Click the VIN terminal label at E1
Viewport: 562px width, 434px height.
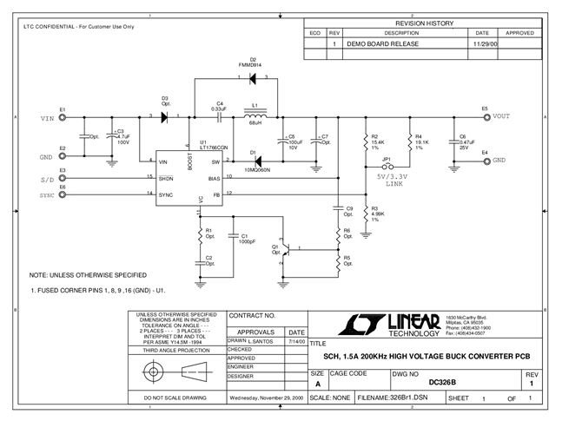[x=46, y=117]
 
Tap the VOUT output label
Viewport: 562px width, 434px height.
[x=501, y=116]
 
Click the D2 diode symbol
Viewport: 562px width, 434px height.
[x=254, y=79]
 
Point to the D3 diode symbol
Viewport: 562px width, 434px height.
[x=164, y=116]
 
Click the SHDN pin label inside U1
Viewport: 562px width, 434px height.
[x=167, y=178]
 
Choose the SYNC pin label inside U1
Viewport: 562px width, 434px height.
[x=167, y=194]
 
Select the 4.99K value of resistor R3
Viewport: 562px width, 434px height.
[x=378, y=214]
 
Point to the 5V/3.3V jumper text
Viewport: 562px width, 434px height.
[x=394, y=176]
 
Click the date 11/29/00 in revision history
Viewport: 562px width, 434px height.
[x=483, y=43]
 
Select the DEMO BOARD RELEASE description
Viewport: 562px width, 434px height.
[x=383, y=43]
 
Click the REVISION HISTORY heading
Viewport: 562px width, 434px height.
[x=425, y=23]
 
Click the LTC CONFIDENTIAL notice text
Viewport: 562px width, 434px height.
[x=79, y=26]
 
